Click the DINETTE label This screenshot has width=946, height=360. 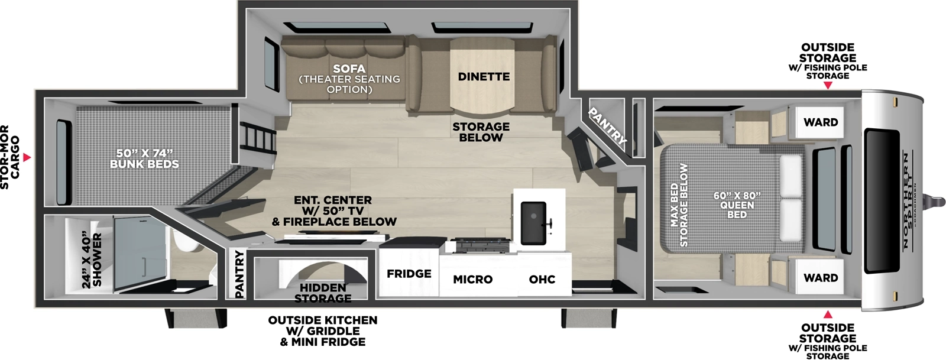coord(484,77)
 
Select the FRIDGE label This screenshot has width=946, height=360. coord(409,274)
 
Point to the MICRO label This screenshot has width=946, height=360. coord(472,279)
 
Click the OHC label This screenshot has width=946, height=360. coord(542,279)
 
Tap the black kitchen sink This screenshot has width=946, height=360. coord(533,222)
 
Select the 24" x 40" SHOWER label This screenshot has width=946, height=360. coord(92,260)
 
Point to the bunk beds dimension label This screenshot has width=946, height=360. coord(144,158)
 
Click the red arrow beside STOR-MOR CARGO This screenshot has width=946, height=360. coord(27,158)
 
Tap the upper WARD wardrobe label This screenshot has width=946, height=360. coord(821,122)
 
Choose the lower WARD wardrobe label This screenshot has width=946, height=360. coord(821,278)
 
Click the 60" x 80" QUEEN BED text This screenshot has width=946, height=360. coord(737,205)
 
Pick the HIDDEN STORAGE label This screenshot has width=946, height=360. coord(323,293)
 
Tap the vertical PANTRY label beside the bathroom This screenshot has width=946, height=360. coord(239,274)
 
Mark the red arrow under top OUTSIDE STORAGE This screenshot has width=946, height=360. coord(828,86)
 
